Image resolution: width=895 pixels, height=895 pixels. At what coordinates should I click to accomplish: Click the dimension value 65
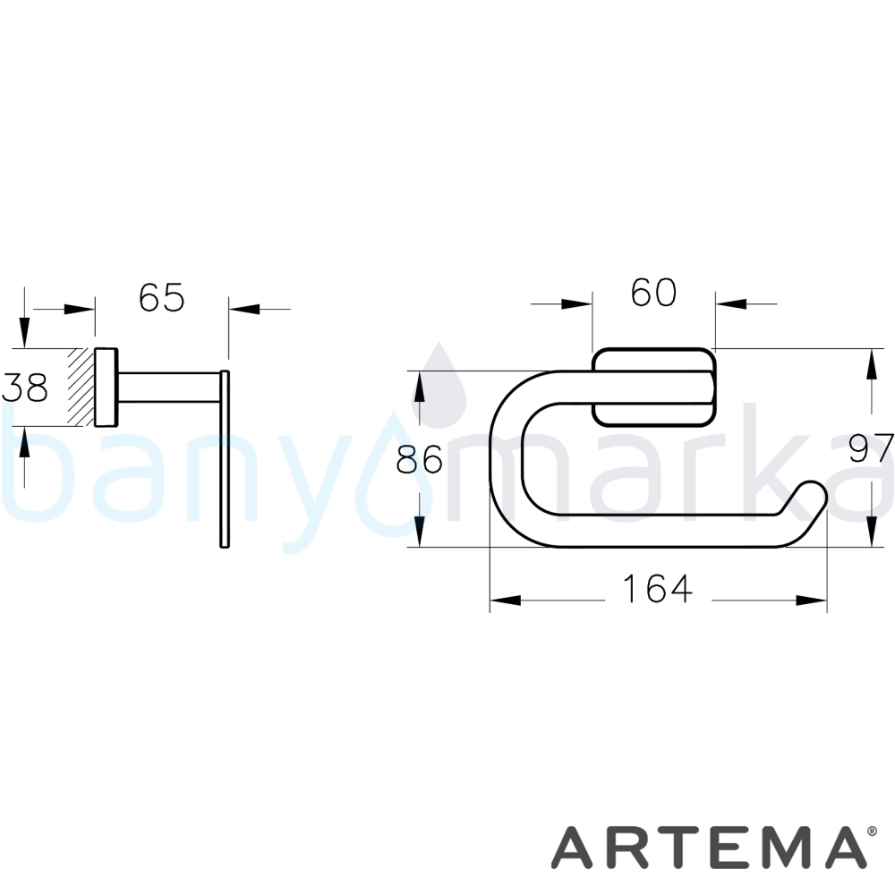161,297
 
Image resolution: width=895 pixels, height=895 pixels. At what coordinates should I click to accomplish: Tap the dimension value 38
24,388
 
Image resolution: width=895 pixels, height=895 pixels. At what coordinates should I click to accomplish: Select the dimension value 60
653,293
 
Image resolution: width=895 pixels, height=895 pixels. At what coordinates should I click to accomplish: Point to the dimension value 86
420,459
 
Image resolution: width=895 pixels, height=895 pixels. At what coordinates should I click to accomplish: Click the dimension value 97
871,448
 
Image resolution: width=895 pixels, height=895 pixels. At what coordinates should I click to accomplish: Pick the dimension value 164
658,589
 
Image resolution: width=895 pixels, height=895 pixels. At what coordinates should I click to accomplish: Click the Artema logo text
707,847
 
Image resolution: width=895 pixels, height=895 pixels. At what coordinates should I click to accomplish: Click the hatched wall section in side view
81,387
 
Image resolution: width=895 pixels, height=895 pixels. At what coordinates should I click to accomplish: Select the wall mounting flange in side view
107,387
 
